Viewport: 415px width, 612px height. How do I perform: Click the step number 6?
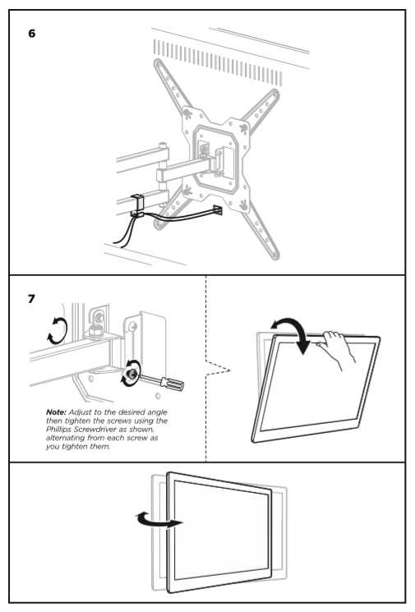tap(31, 34)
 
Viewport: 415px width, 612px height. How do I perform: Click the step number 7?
tap(31, 299)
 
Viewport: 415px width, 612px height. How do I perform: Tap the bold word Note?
tap(56, 412)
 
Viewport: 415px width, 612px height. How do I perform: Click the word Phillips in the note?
tap(58, 430)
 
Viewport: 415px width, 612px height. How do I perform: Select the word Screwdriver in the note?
tap(95, 430)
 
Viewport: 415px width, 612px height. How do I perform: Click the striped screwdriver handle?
tap(173, 384)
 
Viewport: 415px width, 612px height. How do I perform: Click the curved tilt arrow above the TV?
tap(292, 333)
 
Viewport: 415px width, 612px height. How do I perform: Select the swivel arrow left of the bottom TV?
tap(158, 520)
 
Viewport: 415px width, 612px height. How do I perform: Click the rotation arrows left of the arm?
tap(58, 331)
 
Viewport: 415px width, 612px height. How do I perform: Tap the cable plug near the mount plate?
tap(218, 210)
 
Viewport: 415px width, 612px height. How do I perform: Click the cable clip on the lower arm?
tap(137, 205)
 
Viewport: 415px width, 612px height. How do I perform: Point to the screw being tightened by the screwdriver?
tap(131, 374)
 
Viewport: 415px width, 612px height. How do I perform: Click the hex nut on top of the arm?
tap(95, 331)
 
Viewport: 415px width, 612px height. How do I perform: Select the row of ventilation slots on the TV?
tap(218, 62)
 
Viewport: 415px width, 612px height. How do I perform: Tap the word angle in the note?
tap(157, 412)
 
